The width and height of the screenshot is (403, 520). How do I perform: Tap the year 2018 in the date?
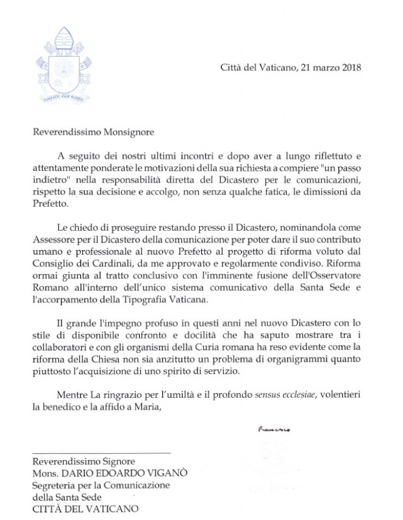click(348, 67)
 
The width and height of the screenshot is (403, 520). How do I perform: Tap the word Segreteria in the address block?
click(56, 486)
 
